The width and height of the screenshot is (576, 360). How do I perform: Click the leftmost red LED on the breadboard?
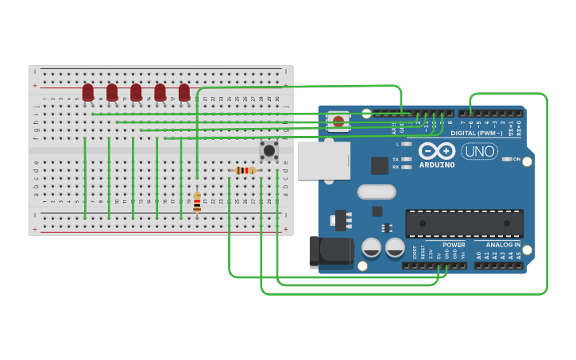tap(88, 92)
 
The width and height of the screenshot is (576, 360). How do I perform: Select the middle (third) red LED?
tap(136, 92)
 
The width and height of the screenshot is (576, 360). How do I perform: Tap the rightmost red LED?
tap(184, 92)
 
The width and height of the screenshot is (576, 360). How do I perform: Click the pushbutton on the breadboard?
tap(269, 149)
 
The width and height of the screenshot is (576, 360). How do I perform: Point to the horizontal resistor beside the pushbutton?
tap(245, 170)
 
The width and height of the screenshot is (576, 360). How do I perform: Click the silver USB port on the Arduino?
tap(323, 160)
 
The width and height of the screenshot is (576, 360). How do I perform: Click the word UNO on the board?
tap(479, 151)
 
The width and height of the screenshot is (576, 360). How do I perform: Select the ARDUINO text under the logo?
tap(437, 165)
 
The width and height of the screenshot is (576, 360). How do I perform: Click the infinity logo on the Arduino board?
tap(437, 150)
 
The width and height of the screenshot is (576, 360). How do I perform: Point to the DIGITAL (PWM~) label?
tap(474, 133)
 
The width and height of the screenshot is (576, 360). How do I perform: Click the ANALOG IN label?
tap(503, 245)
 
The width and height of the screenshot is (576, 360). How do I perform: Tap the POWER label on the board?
tap(454, 245)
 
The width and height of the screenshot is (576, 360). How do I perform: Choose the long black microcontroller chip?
tap(464, 223)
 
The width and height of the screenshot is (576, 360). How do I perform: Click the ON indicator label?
tap(516, 159)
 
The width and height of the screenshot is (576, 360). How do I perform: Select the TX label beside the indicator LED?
tap(396, 159)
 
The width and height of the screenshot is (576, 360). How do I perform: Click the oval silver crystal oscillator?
tap(377, 192)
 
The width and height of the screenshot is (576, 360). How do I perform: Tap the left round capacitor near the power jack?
tap(371, 247)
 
